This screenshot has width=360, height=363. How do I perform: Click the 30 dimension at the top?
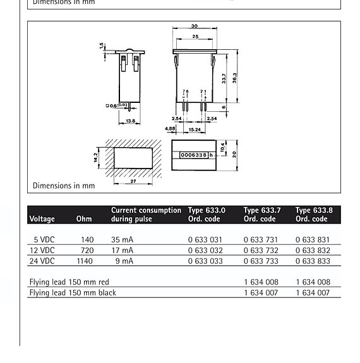click(x=195, y=27)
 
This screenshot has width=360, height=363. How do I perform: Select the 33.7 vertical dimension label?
click(x=224, y=79)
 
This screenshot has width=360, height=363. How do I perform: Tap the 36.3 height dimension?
click(x=234, y=77)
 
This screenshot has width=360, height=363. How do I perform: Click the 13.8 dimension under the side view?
click(x=131, y=121)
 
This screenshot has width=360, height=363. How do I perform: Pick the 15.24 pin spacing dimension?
click(x=195, y=130)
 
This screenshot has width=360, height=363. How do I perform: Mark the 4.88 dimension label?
click(x=171, y=128)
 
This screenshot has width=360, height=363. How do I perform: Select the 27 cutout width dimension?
click(x=133, y=181)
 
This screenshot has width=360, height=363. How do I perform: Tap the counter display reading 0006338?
click(x=193, y=155)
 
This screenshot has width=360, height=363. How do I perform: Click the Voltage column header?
click(x=42, y=219)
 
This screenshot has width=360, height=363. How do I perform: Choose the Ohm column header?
click(x=84, y=219)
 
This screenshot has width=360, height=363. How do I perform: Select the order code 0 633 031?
click(x=205, y=240)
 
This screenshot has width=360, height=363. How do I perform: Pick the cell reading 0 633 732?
click(x=261, y=251)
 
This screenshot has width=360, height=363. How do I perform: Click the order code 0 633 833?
click(x=313, y=261)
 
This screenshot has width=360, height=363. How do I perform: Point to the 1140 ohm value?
click(x=85, y=261)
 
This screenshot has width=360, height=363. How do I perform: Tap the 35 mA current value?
click(x=123, y=240)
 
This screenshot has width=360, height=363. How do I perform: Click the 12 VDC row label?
click(x=42, y=251)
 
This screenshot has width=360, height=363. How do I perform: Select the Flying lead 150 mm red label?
click(x=69, y=282)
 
